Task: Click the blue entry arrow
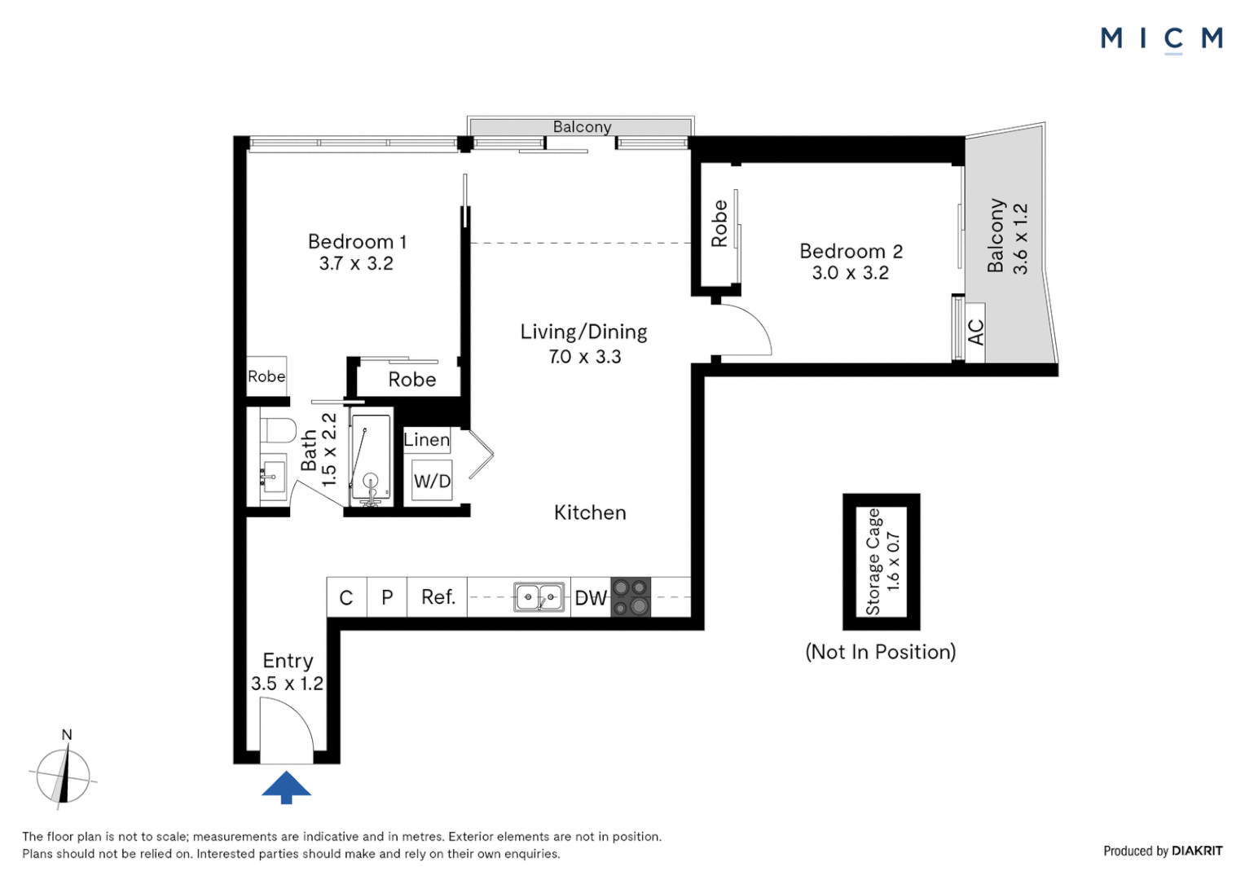tap(286, 786)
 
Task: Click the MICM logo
tap(1161, 38)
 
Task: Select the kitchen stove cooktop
tap(631, 596)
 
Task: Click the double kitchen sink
tap(539, 597)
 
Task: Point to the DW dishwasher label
tap(591, 598)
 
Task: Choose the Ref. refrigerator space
tap(438, 597)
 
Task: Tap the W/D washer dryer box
tap(432, 481)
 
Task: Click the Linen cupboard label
tap(427, 440)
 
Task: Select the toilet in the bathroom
tap(278, 429)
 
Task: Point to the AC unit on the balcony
tap(975, 332)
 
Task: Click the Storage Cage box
tap(882, 561)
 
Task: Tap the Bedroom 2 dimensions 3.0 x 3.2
tap(850, 273)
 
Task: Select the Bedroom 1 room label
tap(357, 242)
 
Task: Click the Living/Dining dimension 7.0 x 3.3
tap(584, 357)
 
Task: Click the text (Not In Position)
tap(880, 652)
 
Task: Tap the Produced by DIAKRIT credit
tap(1163, 851)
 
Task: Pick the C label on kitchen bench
tap(346, 598)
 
